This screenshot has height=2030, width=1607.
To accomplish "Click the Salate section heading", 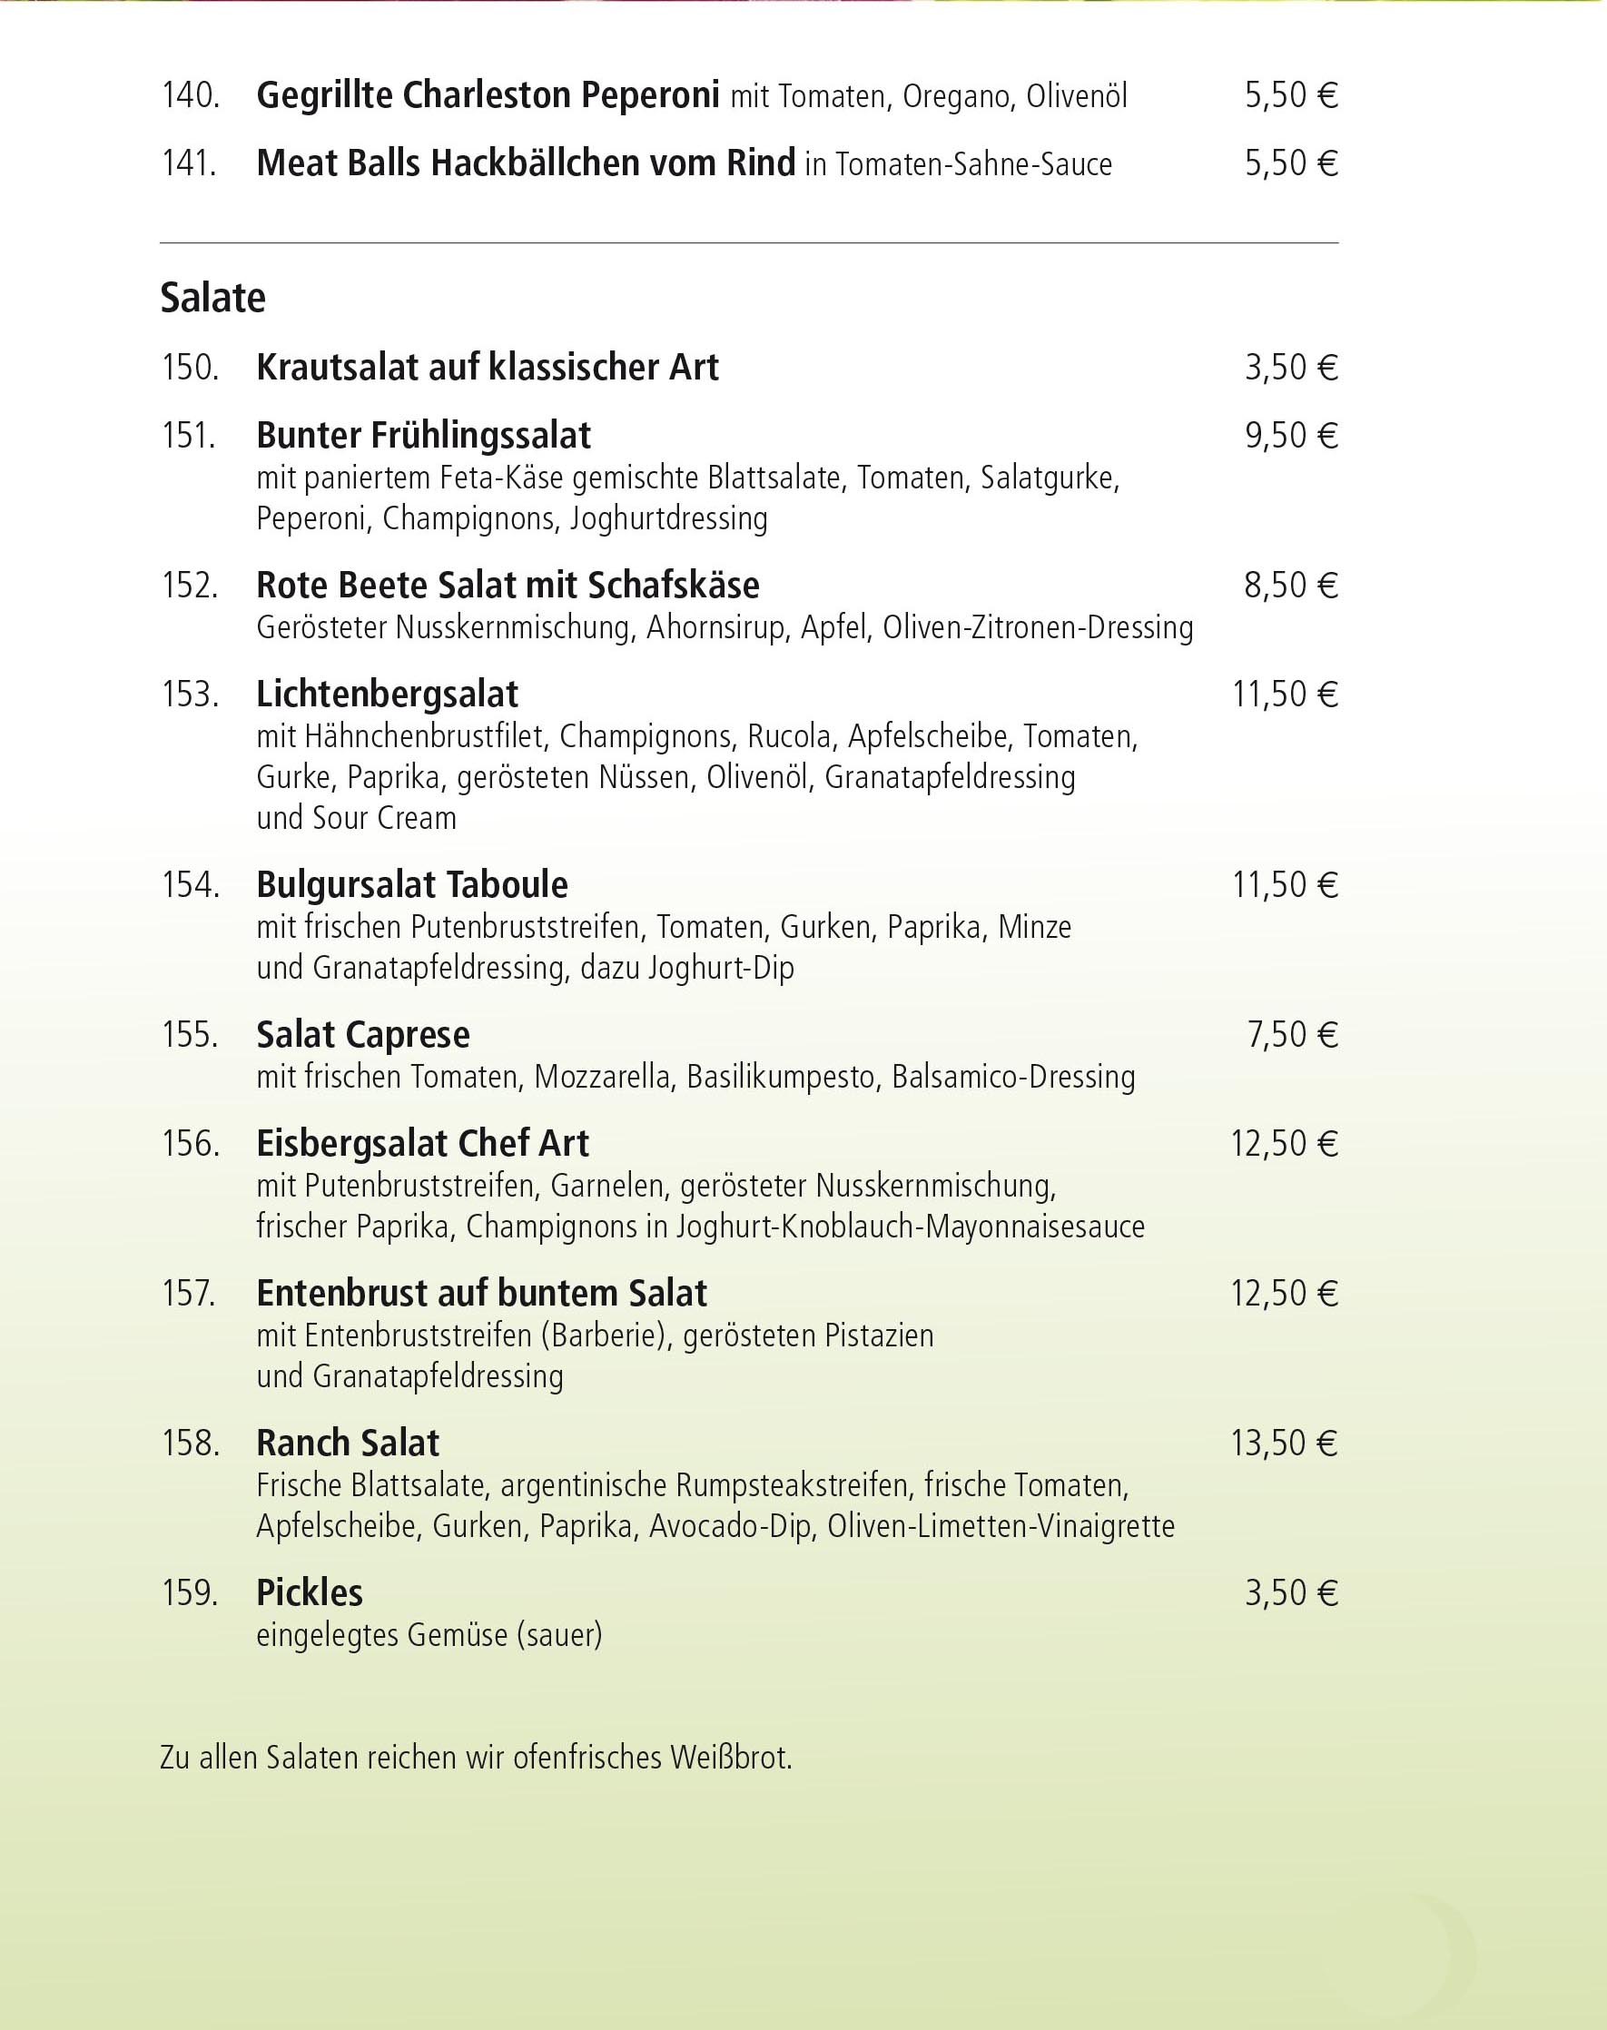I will pos(212,298).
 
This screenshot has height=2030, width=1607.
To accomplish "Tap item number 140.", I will pos(190,96).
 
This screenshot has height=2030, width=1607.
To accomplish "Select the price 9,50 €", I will pos(1291,436).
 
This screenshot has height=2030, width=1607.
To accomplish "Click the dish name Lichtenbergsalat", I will pos(387,695).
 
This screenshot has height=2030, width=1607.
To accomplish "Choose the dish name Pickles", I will pos(310,1592).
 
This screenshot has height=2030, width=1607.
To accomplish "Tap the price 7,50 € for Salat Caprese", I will pos(1292,1035).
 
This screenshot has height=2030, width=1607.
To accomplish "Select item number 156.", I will pos(190,1144).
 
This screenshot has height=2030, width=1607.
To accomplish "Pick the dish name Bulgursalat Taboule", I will pos(412,885).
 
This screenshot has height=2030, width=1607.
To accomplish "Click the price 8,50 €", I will pos(1291,585).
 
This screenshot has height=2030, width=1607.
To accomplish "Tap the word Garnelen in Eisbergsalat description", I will pos(606,1186).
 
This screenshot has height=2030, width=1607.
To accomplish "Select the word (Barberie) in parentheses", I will pos(603,1335).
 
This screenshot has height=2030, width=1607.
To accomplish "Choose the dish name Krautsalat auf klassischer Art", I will pos(488,367).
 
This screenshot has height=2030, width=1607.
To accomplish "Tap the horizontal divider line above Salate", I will pos(749,243).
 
